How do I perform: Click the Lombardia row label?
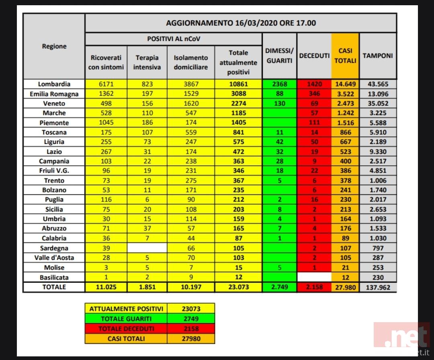pyautogui.click(x=54, y=84)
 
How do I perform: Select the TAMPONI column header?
pyautogui.click(x=378, y=56)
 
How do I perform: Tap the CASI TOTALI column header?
pyautogui.click(x=345, y=56)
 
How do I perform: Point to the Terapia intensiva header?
pyautogui.click(x=147, y=62)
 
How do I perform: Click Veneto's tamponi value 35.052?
pyautogui.click(x=378, y=103)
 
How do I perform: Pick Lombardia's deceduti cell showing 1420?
pyautogui.click(x=315, y=84)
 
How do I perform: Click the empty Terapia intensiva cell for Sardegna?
pyautogui.click(x=147, y=248)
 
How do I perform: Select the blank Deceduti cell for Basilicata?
pyautogui.click(x=315, y=277)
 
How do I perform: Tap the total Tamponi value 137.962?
pyautogui.click(x=378, y=287)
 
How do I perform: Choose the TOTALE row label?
pyautogui.click(x=54, y=287)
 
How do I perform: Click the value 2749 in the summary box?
pyautogui.click(x=191, y=319)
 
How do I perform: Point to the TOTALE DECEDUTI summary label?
pyautogui.click(x=127, y=329)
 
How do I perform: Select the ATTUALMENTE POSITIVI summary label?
pyautogui.click(x=127, y=309)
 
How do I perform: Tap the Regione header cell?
pyautogui.click(x=54, y=46)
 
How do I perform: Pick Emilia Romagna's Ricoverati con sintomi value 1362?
pyautogui.click(x=106, y=94)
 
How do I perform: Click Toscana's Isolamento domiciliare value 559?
pyautogui.click(x=191, y=132)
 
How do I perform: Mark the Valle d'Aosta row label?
pyautogui.click(x=54, y=258)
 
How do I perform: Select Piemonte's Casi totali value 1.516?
pyautogui.click(x=345, y=123)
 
